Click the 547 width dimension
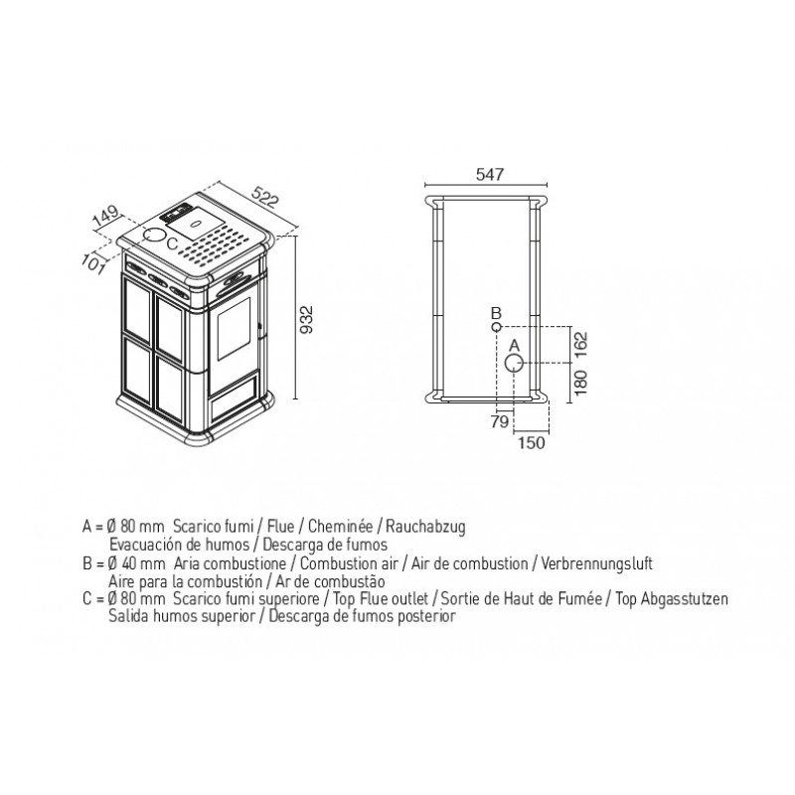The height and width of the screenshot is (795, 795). pyautogui.click(x=490, y=175)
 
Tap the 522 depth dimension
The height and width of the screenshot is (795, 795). pyautogui.click(x=265, y=197)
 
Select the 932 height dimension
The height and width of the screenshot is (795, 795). pyautogui.click(x=307, y=319)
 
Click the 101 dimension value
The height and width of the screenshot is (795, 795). pyautogui.click(x=93, y=263)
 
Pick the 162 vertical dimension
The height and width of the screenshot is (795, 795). pyautogui.click(x=580, y=345)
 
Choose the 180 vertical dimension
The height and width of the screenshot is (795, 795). pyautogui.click(x=580, y=383)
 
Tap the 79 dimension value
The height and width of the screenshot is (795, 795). pyautogui.click(x=500, y=421)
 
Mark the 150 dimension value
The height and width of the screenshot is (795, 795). pyautogui.click(x=531, y=442)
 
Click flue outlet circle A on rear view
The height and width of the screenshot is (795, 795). pyautogui.click(x=514, y=363)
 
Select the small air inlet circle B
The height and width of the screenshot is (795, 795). pyautogui.click(x=496, y=327)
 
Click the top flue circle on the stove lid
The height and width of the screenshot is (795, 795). pyautogui.click(x=155, y=235)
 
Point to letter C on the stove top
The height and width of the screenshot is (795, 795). pyautogui.click(x=172, y=244)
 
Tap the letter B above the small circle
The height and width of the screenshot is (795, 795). pyautogui.click(x=496, y=313)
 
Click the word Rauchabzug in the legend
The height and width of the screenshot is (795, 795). pyautogui.click(x=425, y=527)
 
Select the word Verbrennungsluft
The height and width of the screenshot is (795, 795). pyautogui.click(x=596, y=563)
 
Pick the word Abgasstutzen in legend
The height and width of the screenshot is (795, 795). pyautogui.click(x=685, y=599)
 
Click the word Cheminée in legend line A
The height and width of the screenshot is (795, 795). pyautogui.click(x=340, y=527)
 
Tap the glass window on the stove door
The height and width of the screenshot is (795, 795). pyautogui.click(x=234, y=329)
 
